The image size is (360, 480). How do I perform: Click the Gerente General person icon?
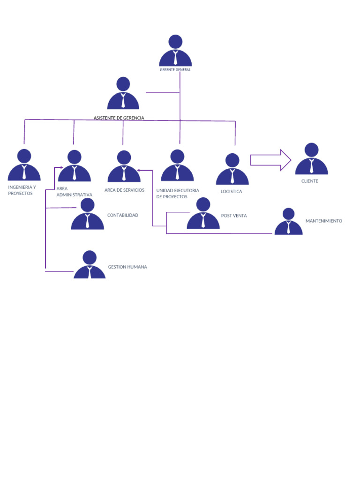click(x=175, y=52)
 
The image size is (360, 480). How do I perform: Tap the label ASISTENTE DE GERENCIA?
click(x=119, y=118)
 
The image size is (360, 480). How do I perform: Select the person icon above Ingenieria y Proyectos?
click(x=24, y=165)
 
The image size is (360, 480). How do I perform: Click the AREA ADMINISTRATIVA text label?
click(x=74, y=192)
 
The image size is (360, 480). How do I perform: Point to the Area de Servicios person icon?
click(x=124, y=167)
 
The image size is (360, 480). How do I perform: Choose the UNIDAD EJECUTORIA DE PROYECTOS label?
click(x=178, y=194)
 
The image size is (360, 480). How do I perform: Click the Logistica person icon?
click(x=232, y=169)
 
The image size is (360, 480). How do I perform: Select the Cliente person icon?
click(x=311, y=159)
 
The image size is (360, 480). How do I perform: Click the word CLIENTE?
click(x=310, y=181)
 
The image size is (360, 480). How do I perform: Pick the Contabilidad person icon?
click(x=87, y=215)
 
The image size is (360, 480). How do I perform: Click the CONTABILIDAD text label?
click(x=123, y=215)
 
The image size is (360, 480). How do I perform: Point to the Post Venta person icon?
click(x=203, y=214)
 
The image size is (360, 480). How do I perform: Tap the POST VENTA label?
click(x=234, y=216)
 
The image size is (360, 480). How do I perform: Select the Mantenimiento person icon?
click(x=288, y=222)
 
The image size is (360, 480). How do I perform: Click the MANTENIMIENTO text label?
click(x=324, y=221)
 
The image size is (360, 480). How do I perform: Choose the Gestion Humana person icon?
click(x=90, y=265)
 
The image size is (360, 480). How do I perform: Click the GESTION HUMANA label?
click(x=127, y=267)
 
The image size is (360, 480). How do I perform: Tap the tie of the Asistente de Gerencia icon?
click(x=123, y=100)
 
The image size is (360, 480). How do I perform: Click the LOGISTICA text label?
click(x=232, y=192)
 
